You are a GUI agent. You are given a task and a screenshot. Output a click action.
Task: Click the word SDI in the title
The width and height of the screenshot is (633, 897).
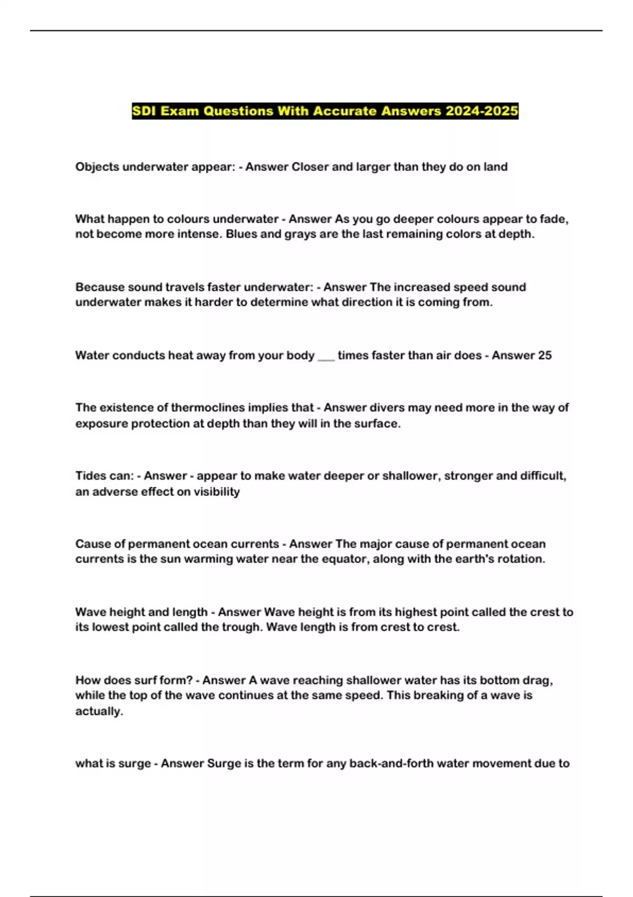[x=144, y=111]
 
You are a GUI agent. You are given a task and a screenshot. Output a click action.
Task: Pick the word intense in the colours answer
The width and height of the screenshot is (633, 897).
[x=198, y=234]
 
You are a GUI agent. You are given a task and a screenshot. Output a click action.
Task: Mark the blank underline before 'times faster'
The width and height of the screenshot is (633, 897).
[x=326, y=356]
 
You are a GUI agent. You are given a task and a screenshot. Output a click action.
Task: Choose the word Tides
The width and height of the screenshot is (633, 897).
[x=90, y=475]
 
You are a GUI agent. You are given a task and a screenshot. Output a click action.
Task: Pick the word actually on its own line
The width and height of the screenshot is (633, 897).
[x=99, y=711]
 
